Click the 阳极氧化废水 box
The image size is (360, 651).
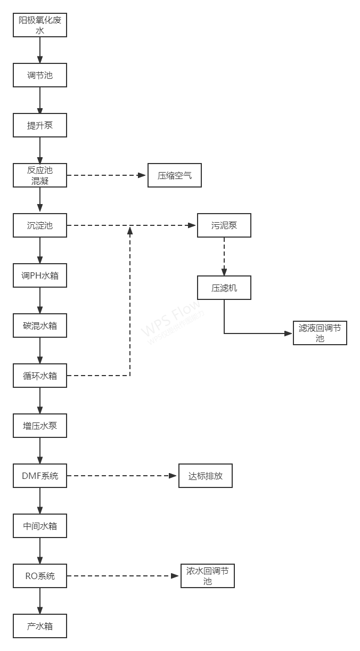40,25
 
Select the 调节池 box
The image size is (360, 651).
40,75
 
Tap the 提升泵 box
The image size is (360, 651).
40,126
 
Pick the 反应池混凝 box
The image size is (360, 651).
40,175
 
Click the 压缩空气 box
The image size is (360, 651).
175,175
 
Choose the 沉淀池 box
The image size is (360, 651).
40,225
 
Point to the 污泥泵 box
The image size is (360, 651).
224,225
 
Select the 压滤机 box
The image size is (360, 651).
224,288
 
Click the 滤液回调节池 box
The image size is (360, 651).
320,333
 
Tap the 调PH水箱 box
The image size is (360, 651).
40,275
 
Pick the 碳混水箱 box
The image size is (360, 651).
40,325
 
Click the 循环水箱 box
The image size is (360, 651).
40,376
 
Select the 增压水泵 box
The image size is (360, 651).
40,426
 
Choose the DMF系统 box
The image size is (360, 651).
40,476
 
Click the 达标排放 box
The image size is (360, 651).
205,476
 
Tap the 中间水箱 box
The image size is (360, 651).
40,526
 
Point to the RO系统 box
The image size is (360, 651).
40,576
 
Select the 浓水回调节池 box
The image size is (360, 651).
207,576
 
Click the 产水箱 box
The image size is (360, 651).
40,626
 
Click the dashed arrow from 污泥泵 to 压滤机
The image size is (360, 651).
224,257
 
